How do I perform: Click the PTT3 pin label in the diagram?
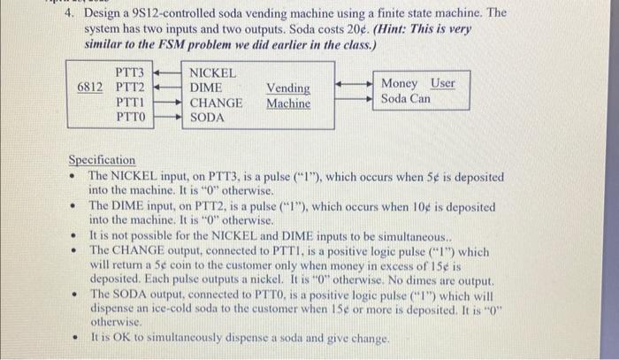pyautogui.click(x=130, y=72)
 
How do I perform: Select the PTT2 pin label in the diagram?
pyautogui.click(x=130, y=87)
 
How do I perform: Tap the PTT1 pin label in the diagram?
pyautogui.click(x=130, y=102)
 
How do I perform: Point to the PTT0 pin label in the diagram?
pyautogui.click(x=130, y=117)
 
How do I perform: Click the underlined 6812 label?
pyautogui.click(x=91, y=87)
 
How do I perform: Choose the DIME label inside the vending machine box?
pyautogui.click(x=206, y=87)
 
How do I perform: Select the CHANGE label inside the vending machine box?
pyautogui.click(x=217, y=102)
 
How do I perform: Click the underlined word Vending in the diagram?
pyautogui.click(x=288, y=88)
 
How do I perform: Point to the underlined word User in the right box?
pyautogui.click(x=442, y=83)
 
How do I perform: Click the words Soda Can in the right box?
pyautogui.click(x=406, y=98)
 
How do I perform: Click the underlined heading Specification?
pyautogui.click(x=103, y=160)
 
